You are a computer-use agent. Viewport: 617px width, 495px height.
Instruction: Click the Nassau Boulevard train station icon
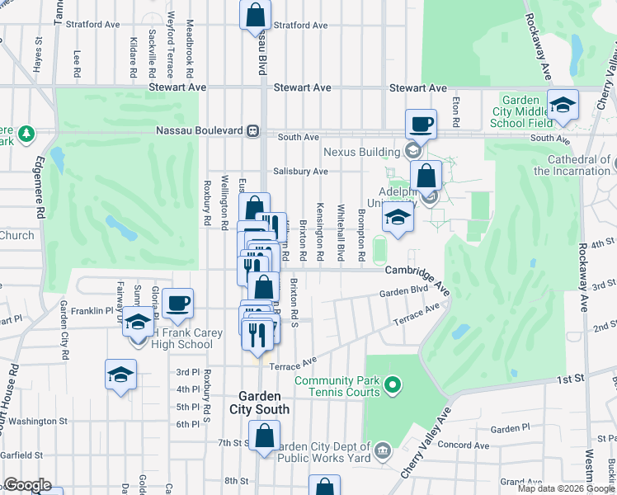click(x=255, y=130)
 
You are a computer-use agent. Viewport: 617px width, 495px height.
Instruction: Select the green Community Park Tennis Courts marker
click(x=393, y=384)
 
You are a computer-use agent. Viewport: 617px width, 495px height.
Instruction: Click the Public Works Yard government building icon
click(x=382, y=450)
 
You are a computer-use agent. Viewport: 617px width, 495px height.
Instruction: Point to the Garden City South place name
click(x=264, y=403)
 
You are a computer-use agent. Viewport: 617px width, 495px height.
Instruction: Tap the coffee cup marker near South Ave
click(x=422, y=125)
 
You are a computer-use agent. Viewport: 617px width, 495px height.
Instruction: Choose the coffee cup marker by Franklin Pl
click(x=177, y=303)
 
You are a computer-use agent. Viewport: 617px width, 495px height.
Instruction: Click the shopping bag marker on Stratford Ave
click(x=255, y=15)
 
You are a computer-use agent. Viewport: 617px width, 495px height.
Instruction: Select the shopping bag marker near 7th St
click(x=264, y=436)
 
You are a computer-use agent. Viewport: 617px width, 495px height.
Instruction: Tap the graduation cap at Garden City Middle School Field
click(x=563, y=105)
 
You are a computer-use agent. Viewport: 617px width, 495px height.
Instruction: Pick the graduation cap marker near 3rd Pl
click(x=120, y=375)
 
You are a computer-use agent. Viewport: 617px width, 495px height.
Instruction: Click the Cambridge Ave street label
click(x=417, y=271)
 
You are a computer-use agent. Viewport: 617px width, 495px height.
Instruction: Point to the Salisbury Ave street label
click(x=301, y=172)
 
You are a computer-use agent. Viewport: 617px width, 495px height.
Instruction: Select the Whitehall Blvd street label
click(x=340, y=232)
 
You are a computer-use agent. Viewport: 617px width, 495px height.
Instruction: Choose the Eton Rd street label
click(x=455, y=109)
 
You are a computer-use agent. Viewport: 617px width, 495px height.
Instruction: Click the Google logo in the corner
click(x=27, y=485)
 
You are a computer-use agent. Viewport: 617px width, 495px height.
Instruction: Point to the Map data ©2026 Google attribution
click(x=565, y=488)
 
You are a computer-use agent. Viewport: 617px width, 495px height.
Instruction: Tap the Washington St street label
click(x=33, y=421)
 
